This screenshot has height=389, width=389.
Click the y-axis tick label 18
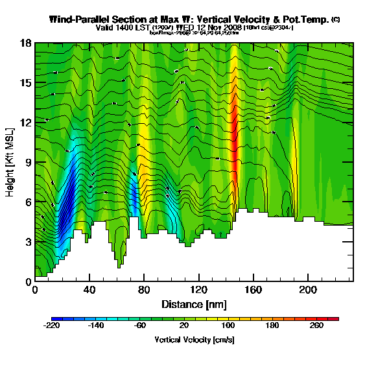[25, 43]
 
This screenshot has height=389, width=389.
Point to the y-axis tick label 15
[25, 83]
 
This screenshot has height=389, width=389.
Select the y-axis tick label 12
[25, 123]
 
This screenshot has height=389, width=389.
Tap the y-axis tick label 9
[28, 162]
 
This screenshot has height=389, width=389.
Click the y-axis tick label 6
[28, 202]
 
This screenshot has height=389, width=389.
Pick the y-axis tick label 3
[28, 242]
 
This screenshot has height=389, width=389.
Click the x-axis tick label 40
[89, 290]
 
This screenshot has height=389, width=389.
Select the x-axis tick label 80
[144, 290]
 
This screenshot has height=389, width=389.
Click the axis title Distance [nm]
[194, 303]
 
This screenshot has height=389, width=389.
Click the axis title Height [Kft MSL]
[11, 162]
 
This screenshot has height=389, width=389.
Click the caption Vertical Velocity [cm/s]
[194, 339]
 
